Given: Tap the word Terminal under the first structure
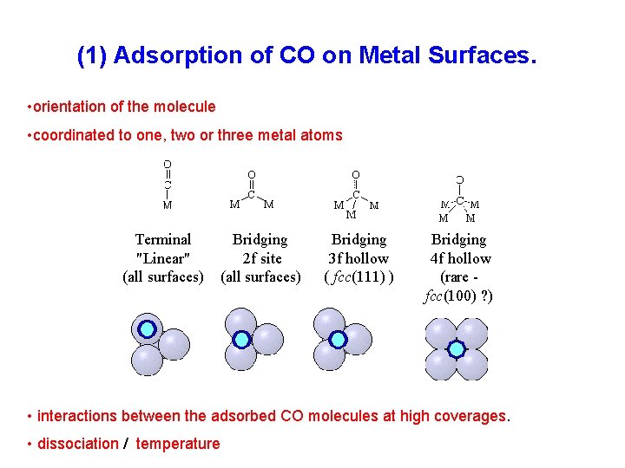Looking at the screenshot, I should pos(163,239).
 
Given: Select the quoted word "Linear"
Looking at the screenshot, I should pos(163,258).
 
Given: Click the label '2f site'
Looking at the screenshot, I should pos(261,258).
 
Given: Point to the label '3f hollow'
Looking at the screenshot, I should pos(359,258).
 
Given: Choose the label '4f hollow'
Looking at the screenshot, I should pos(459,258).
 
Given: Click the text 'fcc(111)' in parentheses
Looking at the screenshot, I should pos(359,277).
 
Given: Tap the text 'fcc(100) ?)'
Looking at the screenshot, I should pos(457,296).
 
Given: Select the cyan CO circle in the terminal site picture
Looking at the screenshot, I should pos(148,329).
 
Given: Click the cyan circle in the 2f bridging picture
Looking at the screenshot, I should pos(241,340).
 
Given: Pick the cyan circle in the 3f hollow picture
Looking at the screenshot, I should pos(338,340).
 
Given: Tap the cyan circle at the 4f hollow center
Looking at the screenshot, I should pos(456,348).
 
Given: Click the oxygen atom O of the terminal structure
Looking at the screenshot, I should pos(167,163).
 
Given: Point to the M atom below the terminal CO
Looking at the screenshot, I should pos(167,205).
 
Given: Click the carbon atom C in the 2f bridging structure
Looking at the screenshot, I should pos(252,195).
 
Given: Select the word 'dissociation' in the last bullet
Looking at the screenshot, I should pos(78,444).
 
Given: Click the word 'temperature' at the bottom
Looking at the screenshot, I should pos(178,444).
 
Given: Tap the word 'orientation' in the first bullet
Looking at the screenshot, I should pos(70,107).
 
